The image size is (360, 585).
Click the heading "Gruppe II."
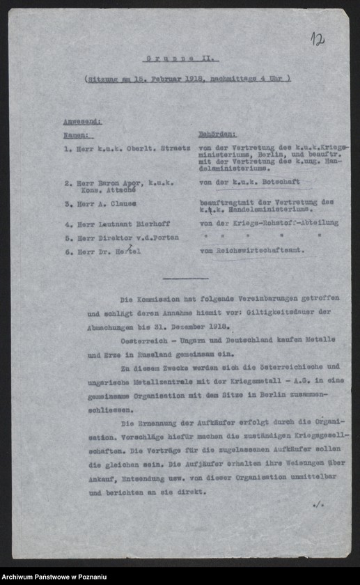[180, 59]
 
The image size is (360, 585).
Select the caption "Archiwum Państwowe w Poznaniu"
[54, 577]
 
